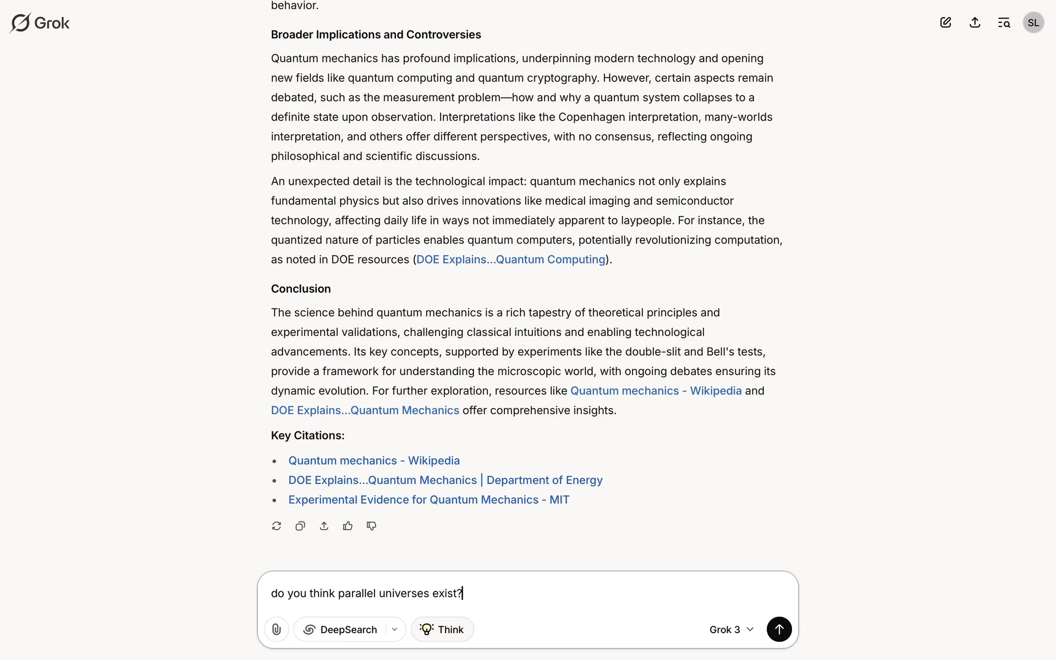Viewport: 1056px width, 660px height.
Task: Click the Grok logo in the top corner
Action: pos(40,23)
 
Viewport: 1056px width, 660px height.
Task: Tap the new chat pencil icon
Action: pos(945,23)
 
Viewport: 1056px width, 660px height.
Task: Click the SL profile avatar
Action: pos(1033,23)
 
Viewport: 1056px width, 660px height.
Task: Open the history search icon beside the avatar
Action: pos(1004,23)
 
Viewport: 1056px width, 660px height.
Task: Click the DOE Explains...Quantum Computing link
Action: pos(510,260)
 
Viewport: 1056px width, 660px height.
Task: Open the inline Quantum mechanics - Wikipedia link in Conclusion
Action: pos(656,391)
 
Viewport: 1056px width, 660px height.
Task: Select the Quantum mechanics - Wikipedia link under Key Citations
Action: pos(374,461)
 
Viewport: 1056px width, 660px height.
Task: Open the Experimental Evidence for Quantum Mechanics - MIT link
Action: pos(428,500)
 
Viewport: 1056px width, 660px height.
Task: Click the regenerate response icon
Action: pos(277,526)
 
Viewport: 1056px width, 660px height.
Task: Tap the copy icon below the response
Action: pos(300,526)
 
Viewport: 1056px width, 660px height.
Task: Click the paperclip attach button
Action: pos(277,629)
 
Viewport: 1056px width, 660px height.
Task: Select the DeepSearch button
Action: pos(341,629)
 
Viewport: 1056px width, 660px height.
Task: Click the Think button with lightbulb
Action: pos(442,629)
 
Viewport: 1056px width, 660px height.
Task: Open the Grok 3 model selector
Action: pos(731,629)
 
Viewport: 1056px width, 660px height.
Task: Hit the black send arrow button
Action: pos(779,629)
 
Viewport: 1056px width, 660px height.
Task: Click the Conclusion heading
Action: pos(301,289)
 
